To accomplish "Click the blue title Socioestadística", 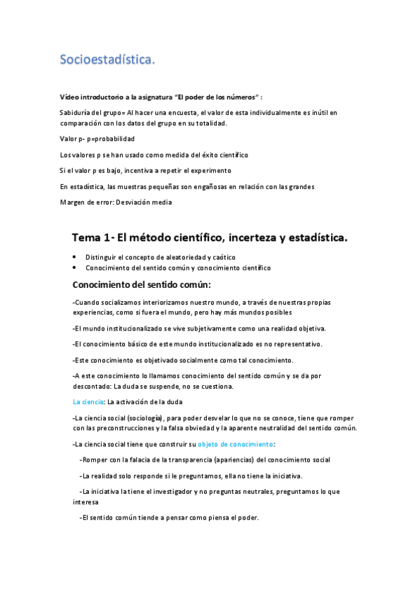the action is pyautogui.click(x=107, y=61).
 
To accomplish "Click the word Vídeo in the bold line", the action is pyautogui.click(x=69, y=96).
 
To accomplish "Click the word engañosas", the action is pyautogui.click(x=210, y=186).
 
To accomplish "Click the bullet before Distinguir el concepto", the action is pyautogui.click(x=75, y=257).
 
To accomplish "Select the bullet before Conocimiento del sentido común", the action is pyautogui.click(x=75, y=268).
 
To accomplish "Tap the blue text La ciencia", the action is pyautogui.click(x=88, y=402).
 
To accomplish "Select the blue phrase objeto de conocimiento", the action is pyautogui.click(x=236, y=444).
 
